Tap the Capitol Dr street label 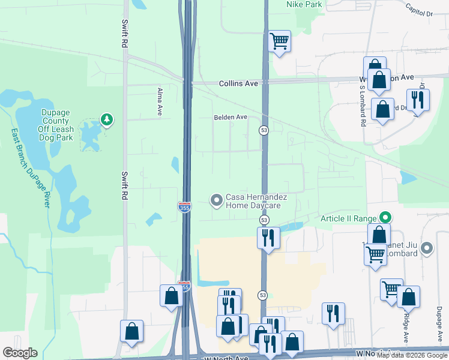click(418, 9)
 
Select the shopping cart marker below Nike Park click(279, 41)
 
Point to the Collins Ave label click(238, 83)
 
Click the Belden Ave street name click(231, 117)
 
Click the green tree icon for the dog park click(107, 120)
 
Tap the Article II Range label click(348, 218)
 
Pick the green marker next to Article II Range click(387, 218)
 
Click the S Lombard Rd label click(363, 106)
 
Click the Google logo click(20, 353)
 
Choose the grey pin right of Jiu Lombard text click(427, 247)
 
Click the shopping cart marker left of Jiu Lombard click(376, 254)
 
